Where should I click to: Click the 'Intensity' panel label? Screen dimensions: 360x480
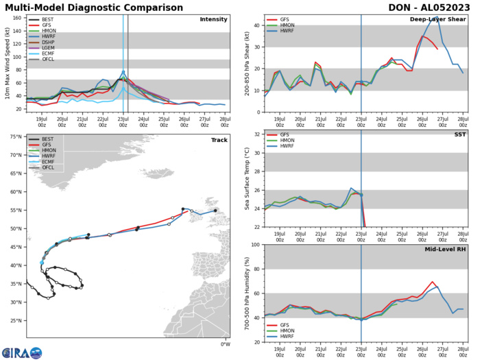click(x=213, y=20)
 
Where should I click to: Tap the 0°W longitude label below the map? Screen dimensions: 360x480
click(x=225, y=344)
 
